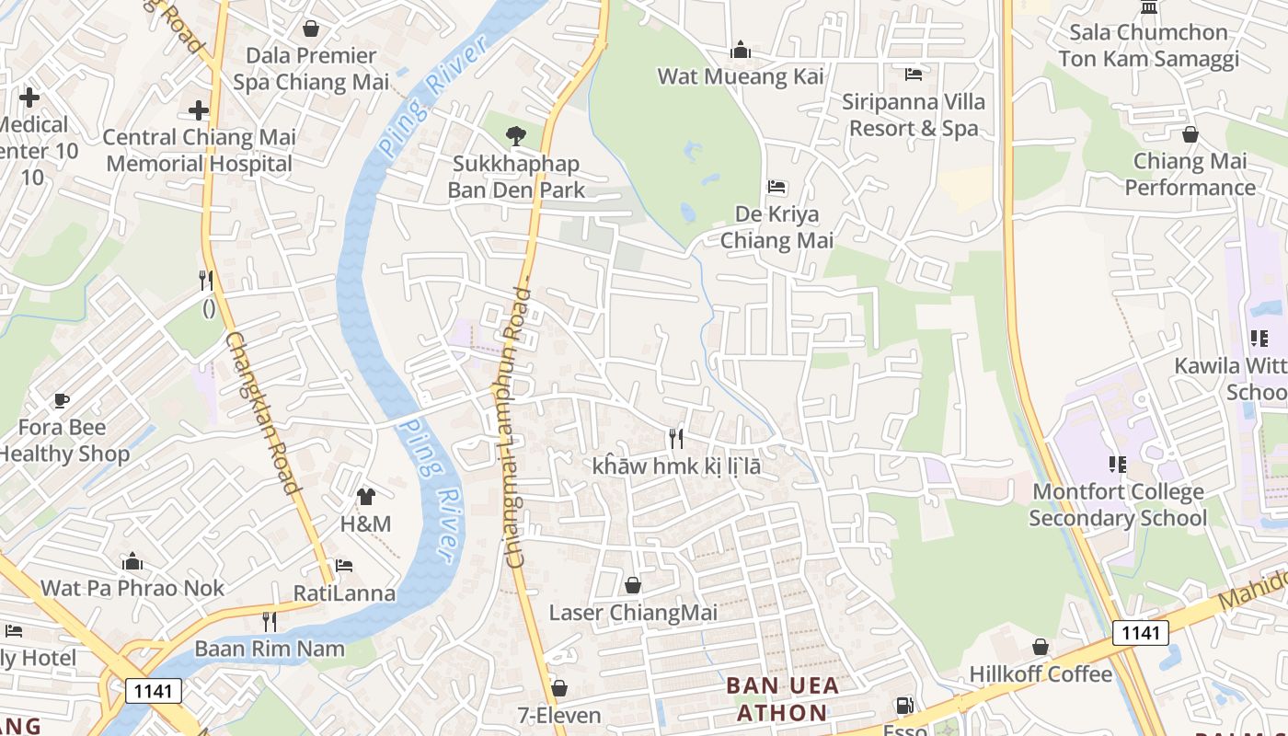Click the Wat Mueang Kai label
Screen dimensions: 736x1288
tap(741, 76)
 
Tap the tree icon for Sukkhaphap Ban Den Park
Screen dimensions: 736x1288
tap(515, 136)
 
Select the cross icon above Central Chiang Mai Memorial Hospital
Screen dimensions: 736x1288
tap(199, 110)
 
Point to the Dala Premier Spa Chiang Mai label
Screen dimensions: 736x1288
tap(311, 69)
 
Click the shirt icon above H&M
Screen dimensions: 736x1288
tap(366, 497)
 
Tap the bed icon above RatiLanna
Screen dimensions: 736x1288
tap(344, 565)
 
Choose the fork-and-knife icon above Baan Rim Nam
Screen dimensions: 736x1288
tap(269, 622)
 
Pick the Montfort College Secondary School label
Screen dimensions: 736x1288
tap(1118, 505)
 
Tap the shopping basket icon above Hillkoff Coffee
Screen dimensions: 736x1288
tap(1041, 647)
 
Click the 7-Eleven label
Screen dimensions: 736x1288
tap(559, 715)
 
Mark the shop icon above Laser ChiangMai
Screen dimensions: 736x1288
tap(633, 585)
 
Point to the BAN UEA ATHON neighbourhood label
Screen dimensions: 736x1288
tap(782, 699)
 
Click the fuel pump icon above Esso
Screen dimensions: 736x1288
tap(905, 707)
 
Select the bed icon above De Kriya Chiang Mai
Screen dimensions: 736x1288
tap(776, 187)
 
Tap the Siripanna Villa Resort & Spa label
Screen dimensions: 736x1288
tap(914, 115)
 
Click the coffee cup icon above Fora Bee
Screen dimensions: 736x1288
tap(62, 400)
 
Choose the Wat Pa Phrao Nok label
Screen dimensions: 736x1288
tap(132, 588)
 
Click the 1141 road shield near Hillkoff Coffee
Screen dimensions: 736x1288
tap(1140, 633)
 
